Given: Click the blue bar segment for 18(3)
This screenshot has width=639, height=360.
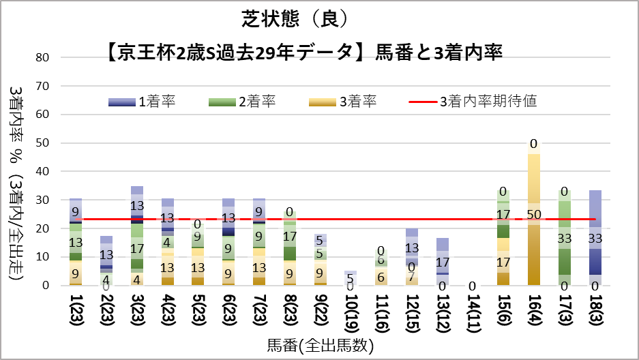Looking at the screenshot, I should pos(595,262).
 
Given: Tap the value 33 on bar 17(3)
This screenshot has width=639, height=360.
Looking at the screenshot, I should pos(565,239).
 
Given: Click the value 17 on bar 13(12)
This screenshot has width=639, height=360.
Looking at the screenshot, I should pos(442,262).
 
